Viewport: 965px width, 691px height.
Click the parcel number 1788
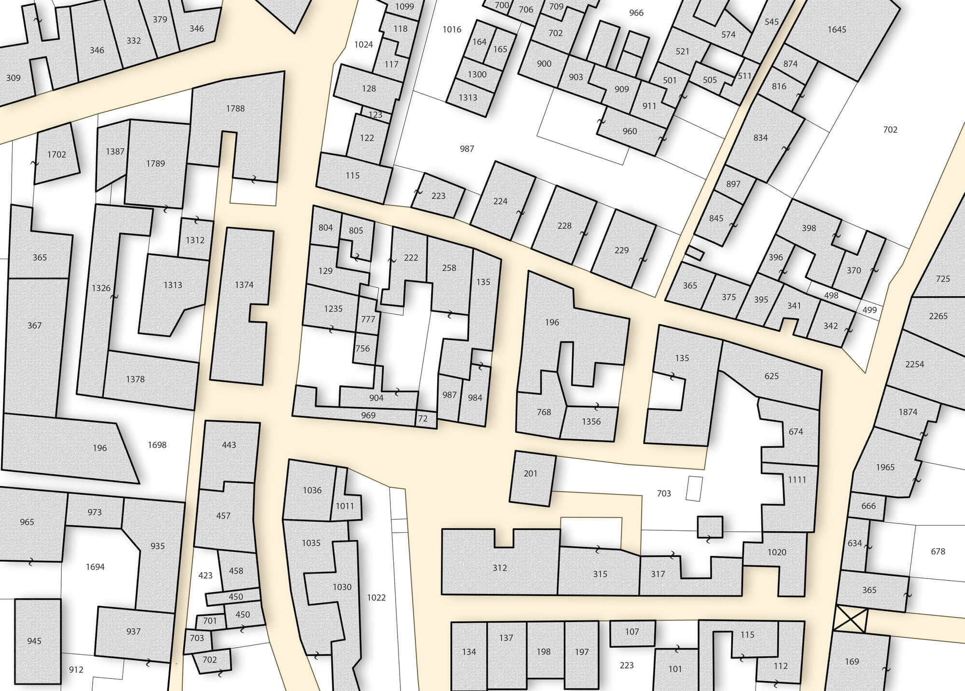(x=235, y=109)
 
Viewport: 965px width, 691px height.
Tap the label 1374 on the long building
(x=244, y=285)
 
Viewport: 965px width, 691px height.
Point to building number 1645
(x=837, y=29)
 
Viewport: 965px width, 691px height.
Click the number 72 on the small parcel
(x=423, y=419)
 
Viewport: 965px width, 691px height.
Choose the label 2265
(x=938, y=316)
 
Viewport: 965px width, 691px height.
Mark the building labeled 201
(x=531, y=473)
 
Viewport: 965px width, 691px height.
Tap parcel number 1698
(x=157, y=445)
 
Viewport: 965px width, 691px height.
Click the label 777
(x=368, y=319)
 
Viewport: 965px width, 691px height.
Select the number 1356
(x=591, y=421)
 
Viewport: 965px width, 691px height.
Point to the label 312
(x=500, y=568)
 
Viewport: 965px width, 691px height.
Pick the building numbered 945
(x=34, y=641)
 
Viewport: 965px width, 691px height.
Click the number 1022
(x=376, y=597)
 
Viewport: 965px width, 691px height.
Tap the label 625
(x=772, y=376)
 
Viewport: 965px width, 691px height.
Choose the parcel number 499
(x=869, y=310)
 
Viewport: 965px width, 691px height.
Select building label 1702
(x=56, y=155)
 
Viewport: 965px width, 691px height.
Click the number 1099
(x=404, y=6)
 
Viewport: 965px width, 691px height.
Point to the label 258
(x=449, y=268)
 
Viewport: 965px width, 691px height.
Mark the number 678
(x=938, y=551)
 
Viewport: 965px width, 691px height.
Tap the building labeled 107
(x=632, y=632)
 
